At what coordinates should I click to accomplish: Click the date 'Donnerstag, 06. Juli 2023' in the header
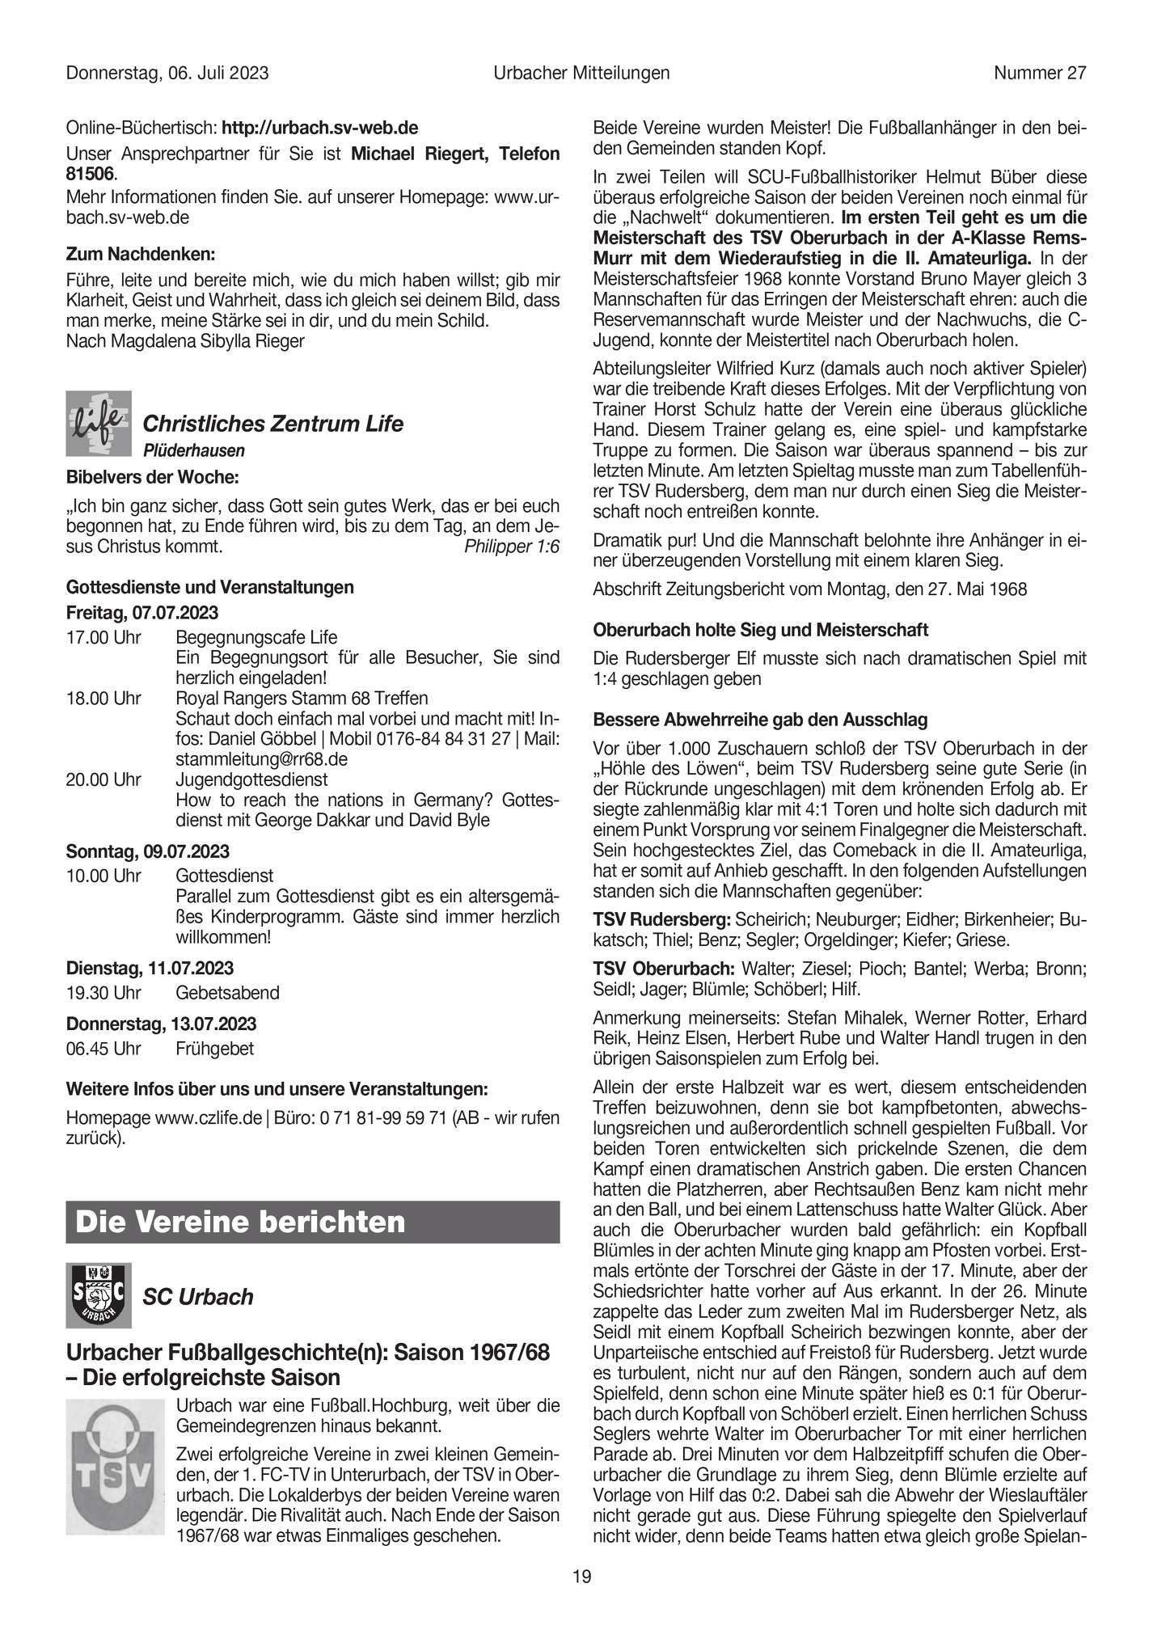click(x=167, y=74)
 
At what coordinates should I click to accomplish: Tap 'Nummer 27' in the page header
click(x=1040, y=74)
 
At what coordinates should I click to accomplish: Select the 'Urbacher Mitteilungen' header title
click(x=581, y=74)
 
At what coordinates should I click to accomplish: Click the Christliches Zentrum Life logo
click(x=98, y=424)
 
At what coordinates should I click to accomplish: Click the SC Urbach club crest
click(x=98, y=1295)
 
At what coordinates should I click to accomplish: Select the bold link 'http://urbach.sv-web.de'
click(x=319, y=128)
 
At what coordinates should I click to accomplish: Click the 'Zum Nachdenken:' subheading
click(x=141, y=254)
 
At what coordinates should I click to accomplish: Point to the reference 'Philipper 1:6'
click(x=512, y=547)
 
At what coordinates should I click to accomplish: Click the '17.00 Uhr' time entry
click(x=103, y=638)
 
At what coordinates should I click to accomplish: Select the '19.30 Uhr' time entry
click(x=103, y=993)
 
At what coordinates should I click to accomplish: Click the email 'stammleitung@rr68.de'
click(x=261, y=759)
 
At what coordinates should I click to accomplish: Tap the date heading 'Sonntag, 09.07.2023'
click(x=147, y=851)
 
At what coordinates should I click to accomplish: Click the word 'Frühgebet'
click(x=214, y=1049)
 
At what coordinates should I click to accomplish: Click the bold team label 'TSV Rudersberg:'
click(x=661, y=919)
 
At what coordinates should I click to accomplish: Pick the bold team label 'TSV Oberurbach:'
click(x=664, y=968)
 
